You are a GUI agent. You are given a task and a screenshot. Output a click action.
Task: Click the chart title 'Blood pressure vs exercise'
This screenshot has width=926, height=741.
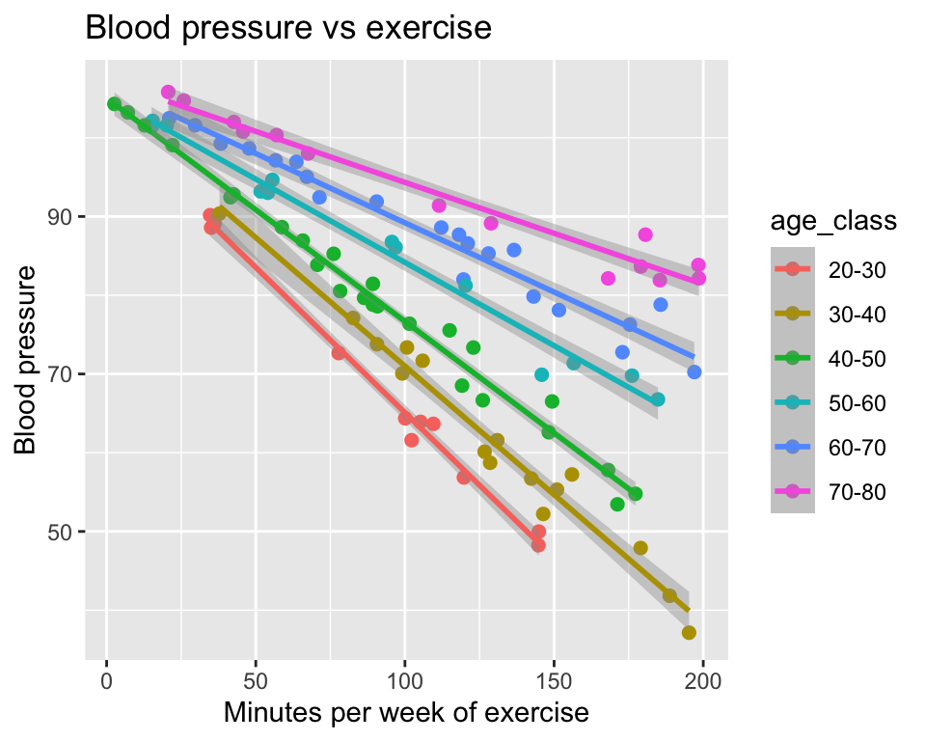point(289,28)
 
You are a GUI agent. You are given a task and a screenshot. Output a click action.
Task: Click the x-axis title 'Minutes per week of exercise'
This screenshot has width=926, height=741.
point(406,714)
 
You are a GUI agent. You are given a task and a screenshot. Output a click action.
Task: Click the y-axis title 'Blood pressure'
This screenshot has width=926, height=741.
point(28,358)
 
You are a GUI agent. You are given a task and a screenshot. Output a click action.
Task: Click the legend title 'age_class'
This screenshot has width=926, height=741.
point(834,221)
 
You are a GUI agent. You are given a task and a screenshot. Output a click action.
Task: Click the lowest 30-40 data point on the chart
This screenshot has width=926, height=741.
point(689,633)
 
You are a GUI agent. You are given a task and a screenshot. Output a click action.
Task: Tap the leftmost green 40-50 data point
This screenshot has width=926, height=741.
point(114,104)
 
